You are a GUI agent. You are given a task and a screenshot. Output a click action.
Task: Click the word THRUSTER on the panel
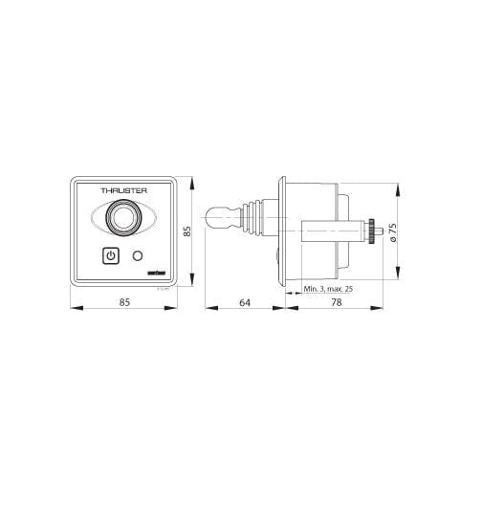[123, 192]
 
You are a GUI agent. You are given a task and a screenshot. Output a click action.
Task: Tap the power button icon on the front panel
[110, 255]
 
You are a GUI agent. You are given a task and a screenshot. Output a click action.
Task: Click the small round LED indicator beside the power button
[140, 256]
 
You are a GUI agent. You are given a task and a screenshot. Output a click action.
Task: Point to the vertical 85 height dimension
[188, 231]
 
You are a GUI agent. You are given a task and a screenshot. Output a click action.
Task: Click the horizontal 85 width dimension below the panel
[123, 301]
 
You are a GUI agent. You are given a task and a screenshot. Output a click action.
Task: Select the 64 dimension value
[244, 301]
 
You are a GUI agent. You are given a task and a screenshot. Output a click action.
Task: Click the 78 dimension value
[335, 301]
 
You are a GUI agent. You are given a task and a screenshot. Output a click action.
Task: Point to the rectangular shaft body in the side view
[325, 231]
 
